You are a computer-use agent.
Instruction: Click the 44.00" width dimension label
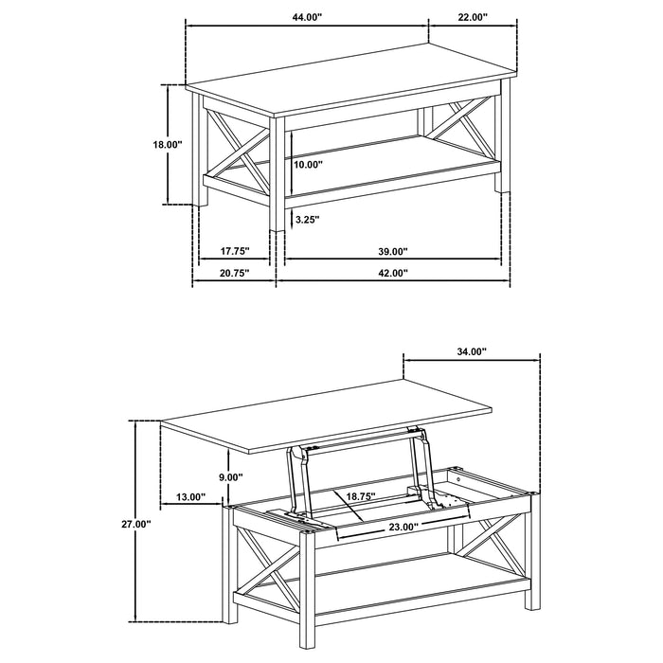tap(307, 17)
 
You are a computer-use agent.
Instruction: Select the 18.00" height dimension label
tap(168, 145)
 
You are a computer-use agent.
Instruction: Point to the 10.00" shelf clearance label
tap(308, 165)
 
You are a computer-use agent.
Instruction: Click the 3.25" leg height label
tap(307, 220)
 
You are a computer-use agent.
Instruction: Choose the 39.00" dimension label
tap(391, 252)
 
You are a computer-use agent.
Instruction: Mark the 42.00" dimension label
tap(391, 273)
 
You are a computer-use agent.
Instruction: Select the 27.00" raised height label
tap(136, 524)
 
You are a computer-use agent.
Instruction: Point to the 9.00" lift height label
tap(230, 477)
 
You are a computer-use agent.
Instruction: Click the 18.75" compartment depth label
tap(360, 496)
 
